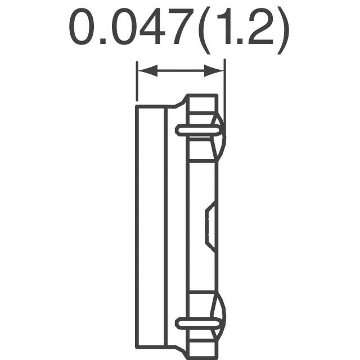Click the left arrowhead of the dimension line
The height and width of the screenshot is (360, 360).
[x=147, y=70]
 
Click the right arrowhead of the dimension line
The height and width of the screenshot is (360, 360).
[x=214, y=70]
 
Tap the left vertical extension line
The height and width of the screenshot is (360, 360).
[x=137, y=81]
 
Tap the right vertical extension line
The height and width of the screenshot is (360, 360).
[x=225, y=101]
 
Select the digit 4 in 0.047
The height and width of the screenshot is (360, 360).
[x=152, y=26]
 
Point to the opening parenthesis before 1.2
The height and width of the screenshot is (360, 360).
[x=204, y=31]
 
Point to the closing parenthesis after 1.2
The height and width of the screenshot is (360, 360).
[x=283, y=31]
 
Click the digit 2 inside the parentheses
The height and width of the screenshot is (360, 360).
[x=260, y=26]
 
